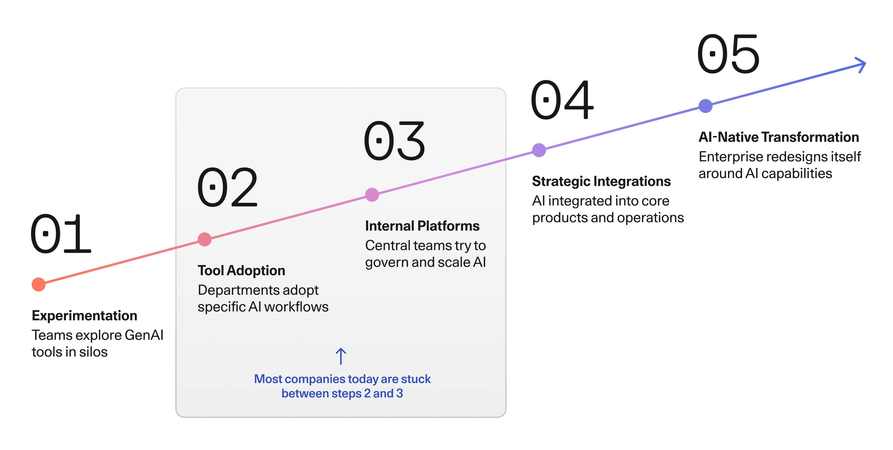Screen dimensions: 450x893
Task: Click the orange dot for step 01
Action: [38, 285]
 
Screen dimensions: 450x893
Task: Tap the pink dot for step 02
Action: [205, 239]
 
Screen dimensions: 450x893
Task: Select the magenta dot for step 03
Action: [372, 195]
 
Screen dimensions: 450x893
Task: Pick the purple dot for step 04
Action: [539, 150]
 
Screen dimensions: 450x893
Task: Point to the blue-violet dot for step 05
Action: [706, 106]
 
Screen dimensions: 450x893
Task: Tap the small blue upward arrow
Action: [341, 356]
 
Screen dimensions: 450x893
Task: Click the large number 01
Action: [61, 234]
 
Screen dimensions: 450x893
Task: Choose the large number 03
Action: [394, 141]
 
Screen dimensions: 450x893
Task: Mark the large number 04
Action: [562, 100]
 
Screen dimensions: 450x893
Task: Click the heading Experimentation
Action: [84, 316]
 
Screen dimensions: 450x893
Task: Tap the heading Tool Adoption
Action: [241, 271]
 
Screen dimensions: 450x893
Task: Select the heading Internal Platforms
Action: [422, 226]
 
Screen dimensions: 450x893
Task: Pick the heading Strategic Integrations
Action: [601, 181]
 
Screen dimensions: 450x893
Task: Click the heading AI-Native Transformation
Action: [779, 137]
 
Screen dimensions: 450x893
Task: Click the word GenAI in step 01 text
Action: [144, 335]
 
